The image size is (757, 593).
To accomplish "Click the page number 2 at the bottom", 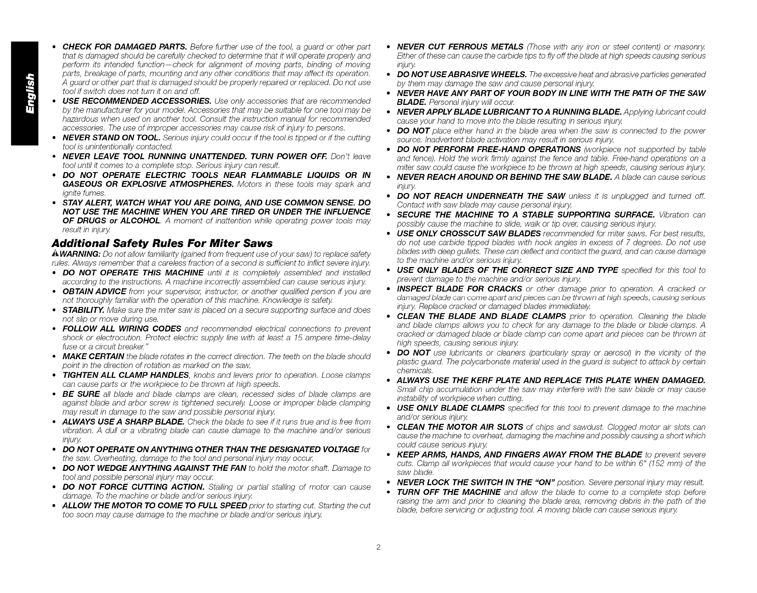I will pyautogui.click(x=378, y=547).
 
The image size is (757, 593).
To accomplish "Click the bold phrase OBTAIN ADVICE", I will pyautogui.click(x=94, y=291).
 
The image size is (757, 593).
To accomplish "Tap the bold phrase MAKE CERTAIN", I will pyautogui.click(x=93, y=356).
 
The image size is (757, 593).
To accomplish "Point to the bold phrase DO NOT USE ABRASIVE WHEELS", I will pyautogui.click(x=462, y=74).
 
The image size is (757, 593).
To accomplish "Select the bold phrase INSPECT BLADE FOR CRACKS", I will pyautogui.click(x=459, y=289).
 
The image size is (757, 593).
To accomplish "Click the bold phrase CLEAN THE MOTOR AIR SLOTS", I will pyautogui.click(x=460, y=427).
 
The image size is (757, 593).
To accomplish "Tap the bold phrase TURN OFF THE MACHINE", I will pyautogui.click(x=449, y=492).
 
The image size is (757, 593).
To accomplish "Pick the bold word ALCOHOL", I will pyautogui.click(x=138, y=220).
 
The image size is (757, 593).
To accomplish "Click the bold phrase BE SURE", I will pyautogui.click(x=81, y=394).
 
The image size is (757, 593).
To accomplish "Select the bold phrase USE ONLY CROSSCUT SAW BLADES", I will pyautogui.click(x=469, y=233).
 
